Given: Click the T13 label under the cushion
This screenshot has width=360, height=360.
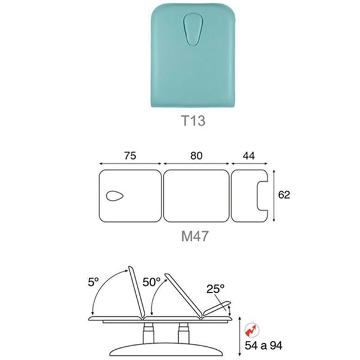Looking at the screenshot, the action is [193, 121].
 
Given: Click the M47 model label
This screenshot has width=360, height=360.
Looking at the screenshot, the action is [194, 236].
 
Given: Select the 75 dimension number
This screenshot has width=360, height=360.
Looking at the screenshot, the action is [130, 155].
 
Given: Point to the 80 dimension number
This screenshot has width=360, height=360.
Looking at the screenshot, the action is [196, 155].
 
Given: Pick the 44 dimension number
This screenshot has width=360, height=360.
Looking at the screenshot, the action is [249, 156].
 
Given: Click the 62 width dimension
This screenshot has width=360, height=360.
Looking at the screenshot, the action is [284, 194].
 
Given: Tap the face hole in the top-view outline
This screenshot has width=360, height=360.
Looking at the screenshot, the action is [115, 196].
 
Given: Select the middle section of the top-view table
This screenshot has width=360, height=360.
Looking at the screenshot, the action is [196, 196].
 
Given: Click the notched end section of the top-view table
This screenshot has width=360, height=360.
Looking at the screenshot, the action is [244, 196].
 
